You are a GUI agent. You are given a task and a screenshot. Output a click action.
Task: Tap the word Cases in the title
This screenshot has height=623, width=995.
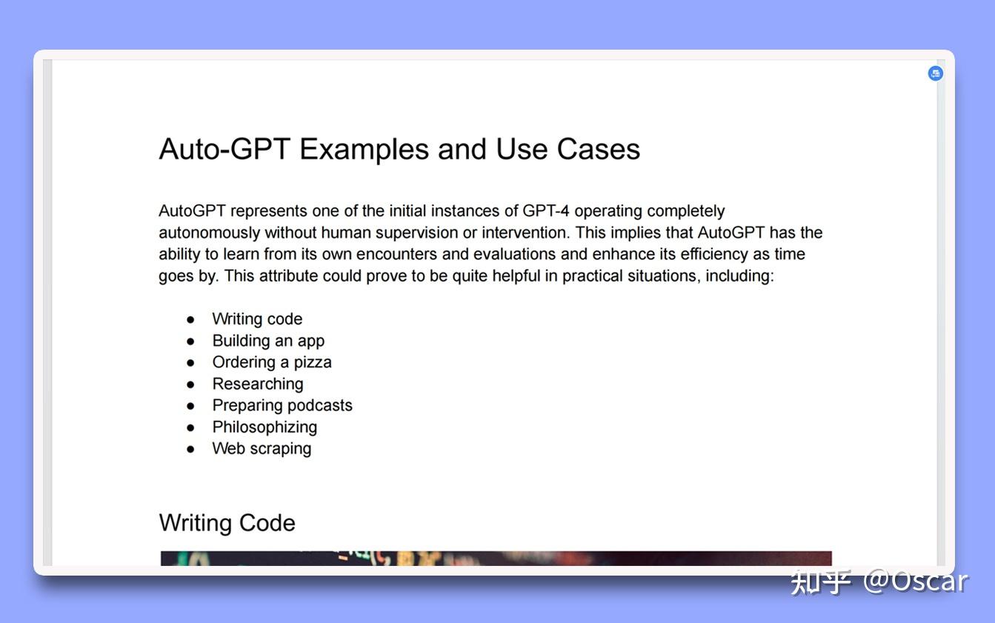click(x=599, y=150)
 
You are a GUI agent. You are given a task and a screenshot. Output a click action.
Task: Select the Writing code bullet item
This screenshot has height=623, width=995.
click(x=257, y=319)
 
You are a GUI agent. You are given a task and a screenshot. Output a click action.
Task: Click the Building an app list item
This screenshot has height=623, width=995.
click(x=268, y=341)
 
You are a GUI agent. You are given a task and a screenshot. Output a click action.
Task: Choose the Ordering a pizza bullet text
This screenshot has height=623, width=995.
click(x=272, y=362)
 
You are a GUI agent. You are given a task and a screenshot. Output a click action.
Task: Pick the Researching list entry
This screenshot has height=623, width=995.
click(x=258, y=384)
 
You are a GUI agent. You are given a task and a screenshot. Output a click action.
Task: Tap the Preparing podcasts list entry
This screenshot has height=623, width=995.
click(x=282, y=405)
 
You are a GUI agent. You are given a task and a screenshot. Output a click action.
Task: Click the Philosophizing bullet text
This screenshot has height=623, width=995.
click(x=264, y=427)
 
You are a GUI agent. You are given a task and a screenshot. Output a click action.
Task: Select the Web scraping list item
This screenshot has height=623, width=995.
click(x=262, y=448)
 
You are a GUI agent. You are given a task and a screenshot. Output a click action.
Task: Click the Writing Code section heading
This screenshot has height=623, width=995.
click(x=227, y=523)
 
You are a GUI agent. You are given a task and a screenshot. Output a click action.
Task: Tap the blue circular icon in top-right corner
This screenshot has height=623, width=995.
click(x=936, y=73)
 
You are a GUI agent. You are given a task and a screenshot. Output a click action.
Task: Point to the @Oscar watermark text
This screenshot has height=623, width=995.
click(x=916, y=582)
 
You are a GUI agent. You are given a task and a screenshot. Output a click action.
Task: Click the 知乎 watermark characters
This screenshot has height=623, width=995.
click(x=820, y=582)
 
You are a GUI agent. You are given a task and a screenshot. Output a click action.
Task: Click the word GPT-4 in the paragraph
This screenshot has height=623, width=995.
click(x=546, y=211)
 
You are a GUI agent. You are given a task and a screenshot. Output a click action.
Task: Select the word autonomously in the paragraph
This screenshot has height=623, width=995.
click(x=210, y=233)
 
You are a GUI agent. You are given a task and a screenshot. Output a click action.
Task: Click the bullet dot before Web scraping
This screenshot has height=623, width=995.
click(x=191, y=448)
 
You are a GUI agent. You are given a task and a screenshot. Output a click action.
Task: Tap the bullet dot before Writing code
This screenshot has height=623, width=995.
click(x=191, y=319)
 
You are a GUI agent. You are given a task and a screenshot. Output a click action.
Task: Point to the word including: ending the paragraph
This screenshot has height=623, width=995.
click(x=739, y=276)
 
